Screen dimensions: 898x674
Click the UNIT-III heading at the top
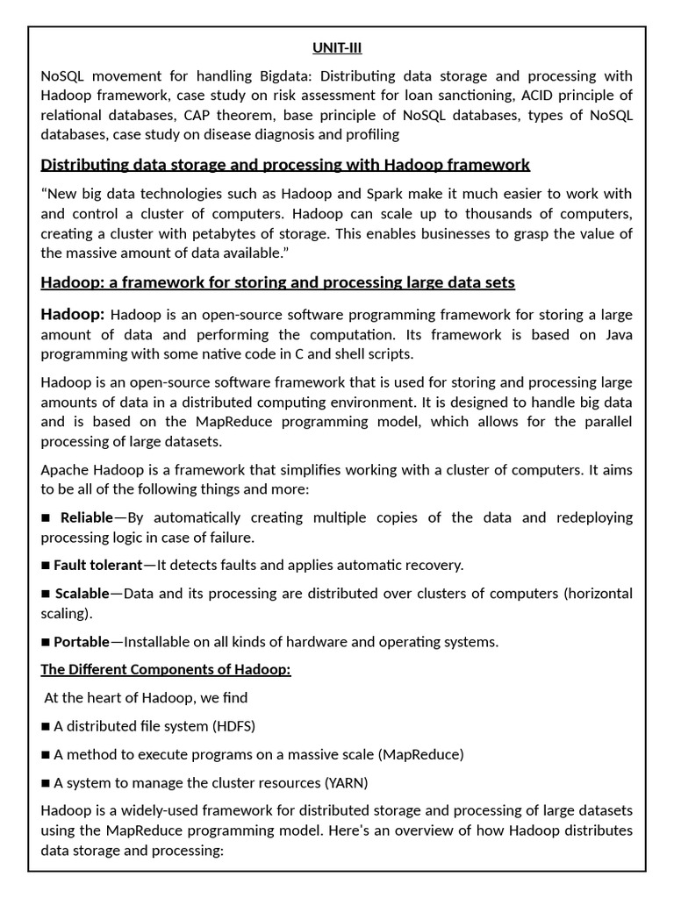[x=337, y=48]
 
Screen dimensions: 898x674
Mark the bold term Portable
[x=82, y=642]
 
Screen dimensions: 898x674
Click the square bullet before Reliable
[x=47, y=517]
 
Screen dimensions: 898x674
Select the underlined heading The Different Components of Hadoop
[x=166, y=670]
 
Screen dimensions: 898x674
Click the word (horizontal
[x=598, y=594]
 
